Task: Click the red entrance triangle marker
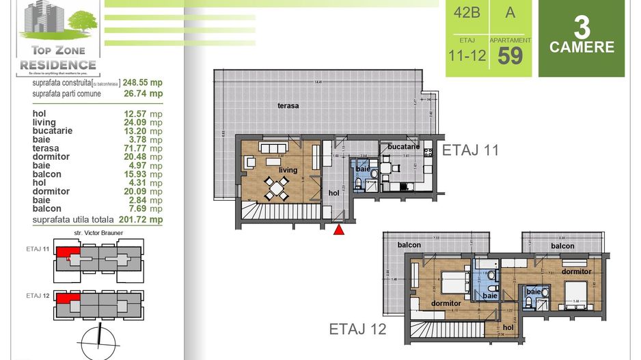pyautogui.click(x=338, y=230)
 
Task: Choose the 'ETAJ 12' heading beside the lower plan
pyautogui.click(x=357, y=329)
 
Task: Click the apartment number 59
pyautogui.click(x=510, y=55)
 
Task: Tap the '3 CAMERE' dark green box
pyautogui.click(x=582, y=39)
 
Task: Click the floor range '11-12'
pyautogui.click(x=468, y=55)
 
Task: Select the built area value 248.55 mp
pyautogui.click(x=143, y=83)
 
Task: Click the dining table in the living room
pyautogui.click(x=275, y=187)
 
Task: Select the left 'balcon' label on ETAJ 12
pyautogui.click(x=407, y=245)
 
